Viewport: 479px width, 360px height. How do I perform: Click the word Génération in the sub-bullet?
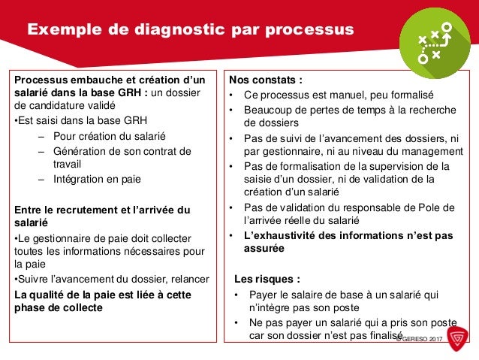82,150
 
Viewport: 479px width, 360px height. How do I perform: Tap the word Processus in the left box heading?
40,80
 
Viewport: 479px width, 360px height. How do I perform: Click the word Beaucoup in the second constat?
272,110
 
